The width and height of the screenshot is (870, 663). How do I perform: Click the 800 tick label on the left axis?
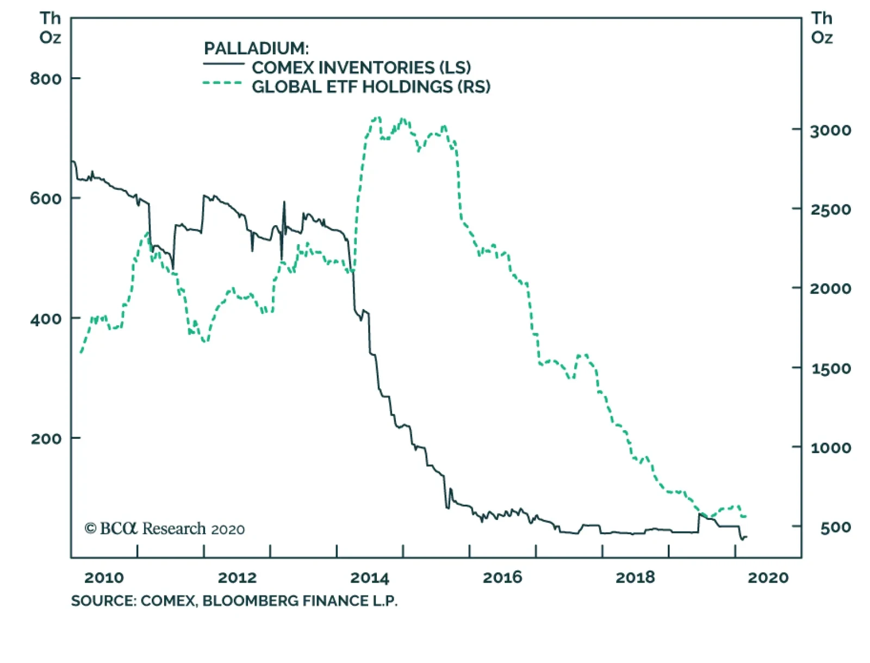point(46,79)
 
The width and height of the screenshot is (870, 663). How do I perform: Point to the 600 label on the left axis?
point(46,199)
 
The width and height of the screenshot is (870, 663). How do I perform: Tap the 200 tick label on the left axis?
point(46,438)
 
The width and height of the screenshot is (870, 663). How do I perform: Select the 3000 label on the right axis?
point(830,131)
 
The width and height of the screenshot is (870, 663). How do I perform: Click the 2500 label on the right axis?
point(830,209)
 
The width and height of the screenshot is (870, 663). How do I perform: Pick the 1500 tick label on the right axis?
point(830,369)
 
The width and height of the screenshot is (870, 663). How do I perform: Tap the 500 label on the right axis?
point(835,527)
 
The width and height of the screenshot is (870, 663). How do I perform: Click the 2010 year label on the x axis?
point(104,578)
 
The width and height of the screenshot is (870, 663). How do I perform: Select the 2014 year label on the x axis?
point(370,578)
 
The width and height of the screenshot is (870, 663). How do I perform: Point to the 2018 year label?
point(635,578)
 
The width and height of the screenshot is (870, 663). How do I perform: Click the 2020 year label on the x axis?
point(768,578)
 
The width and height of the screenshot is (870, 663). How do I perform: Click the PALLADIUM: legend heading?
point(256,48)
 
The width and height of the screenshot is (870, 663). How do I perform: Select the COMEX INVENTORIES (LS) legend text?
point(361,67)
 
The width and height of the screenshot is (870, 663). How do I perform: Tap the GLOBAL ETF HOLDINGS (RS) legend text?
point(371,86)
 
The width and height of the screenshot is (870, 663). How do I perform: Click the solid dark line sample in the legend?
point(223,65)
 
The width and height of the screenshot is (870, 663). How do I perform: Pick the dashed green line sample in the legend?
point(222,83)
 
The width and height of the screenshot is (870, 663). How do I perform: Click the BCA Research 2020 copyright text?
point(165,529)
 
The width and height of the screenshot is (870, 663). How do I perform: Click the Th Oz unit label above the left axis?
point(50,28)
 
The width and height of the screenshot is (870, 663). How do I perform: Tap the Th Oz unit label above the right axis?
point(822,28)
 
